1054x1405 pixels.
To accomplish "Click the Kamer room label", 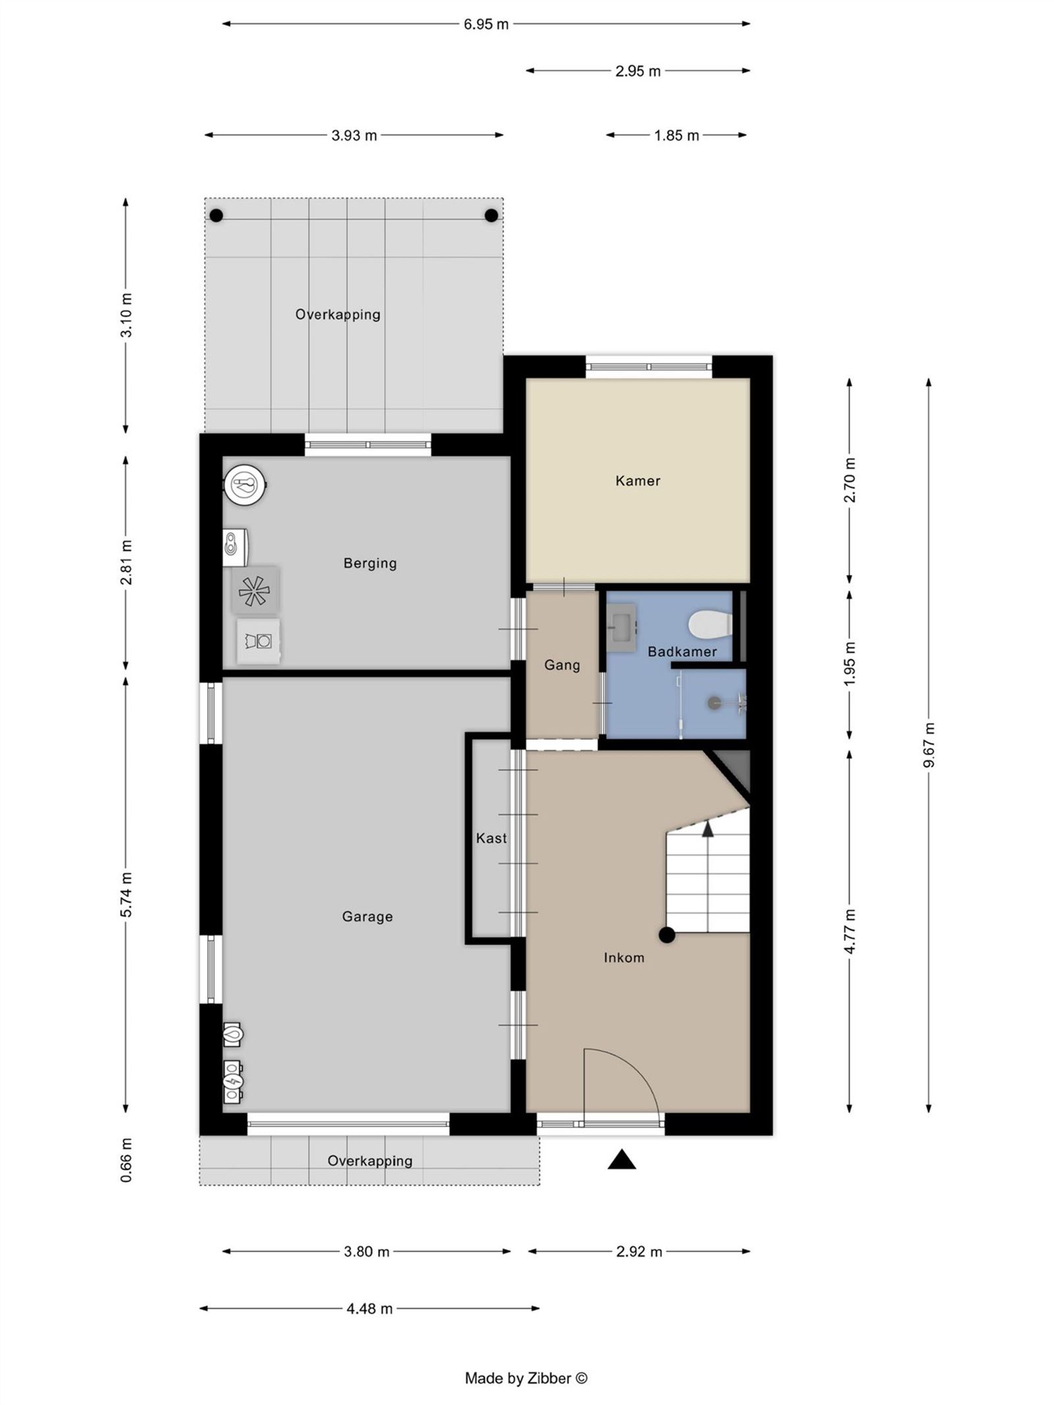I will pos(637,481).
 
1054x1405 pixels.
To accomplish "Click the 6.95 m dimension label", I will pos(485,24).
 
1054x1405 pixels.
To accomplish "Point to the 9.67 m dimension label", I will pos(928,745).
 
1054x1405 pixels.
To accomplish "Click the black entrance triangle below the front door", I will pos(621,1159).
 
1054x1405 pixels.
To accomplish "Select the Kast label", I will pos(491,838).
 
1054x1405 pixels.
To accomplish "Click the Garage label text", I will pos(367,916).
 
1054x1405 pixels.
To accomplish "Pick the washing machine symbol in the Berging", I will pos(258,640).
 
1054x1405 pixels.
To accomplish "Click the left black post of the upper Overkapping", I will pos(216,215).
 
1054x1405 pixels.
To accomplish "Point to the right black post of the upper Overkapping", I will pos(491,215).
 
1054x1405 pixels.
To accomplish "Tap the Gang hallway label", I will pos(561,665).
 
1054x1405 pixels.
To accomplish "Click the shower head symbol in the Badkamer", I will pos(714,703).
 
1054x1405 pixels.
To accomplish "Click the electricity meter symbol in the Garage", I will pos(232,1080).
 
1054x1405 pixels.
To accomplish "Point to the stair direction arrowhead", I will pos(707,829).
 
